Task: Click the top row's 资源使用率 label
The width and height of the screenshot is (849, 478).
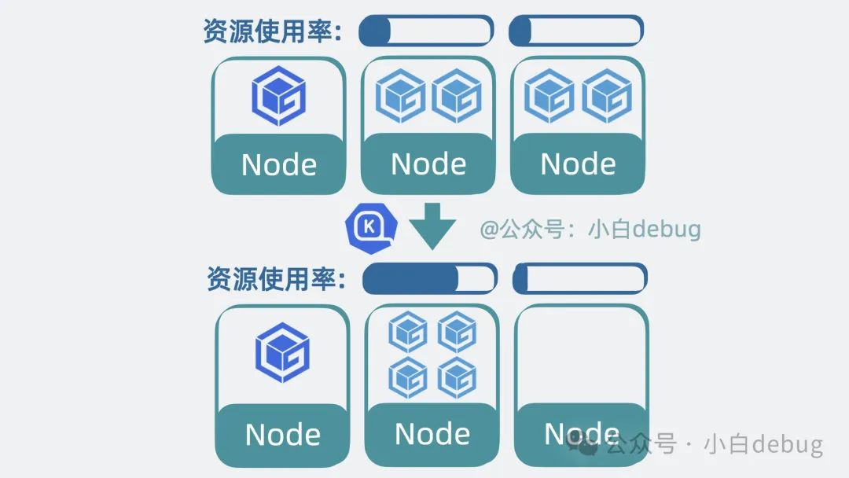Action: pos(272,31)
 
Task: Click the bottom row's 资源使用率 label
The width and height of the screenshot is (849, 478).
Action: pos(276,279)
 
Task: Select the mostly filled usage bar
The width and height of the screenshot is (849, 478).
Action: pos(429,279)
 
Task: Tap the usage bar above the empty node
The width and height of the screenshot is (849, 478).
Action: pos(580,279)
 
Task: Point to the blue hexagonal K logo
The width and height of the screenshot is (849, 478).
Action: pos(371,228)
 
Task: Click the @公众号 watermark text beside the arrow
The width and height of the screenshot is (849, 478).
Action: pos(590,230)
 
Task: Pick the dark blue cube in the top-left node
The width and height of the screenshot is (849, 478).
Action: pos(279,96)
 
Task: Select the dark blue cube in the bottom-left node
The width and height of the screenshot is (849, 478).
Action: pos(283,352)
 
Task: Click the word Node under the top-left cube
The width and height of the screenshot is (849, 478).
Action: pos(279,164)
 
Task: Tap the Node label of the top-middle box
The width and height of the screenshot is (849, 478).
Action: pos(428,164)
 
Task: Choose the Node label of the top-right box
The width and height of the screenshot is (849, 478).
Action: pos(578,164)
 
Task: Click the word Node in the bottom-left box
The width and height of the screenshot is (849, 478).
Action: pos(283,435)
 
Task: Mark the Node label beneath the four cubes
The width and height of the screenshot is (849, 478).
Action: pos(432,434)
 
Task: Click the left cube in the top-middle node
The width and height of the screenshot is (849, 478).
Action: pos(401,96)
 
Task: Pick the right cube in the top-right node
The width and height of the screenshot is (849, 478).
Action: pos(607,96)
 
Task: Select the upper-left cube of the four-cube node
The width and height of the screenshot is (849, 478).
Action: pos(408,332)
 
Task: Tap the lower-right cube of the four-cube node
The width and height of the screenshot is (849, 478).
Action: pos(457,377)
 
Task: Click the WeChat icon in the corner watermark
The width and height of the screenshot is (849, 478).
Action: pos(583,444)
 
